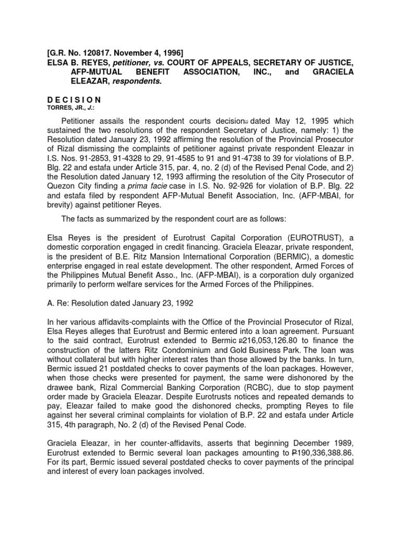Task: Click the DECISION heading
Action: pos(73,99)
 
